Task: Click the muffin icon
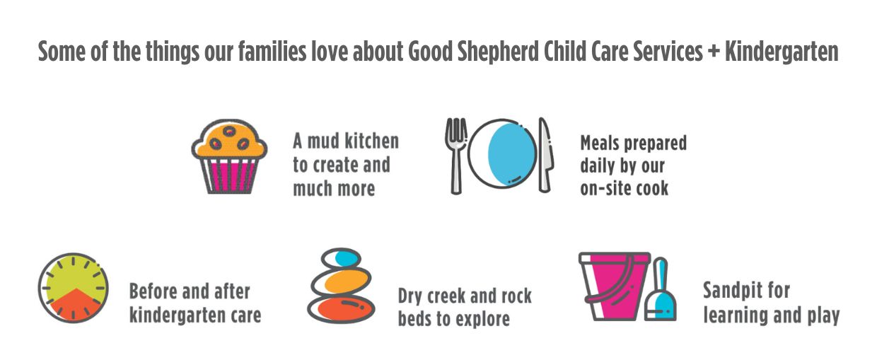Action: coord(229,156)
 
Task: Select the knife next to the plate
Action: coord(545,155)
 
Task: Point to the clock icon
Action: coord(74,288)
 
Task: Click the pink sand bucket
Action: coord(613,286)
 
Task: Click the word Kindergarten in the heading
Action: coord(782,52)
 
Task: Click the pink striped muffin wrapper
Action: coord(229,175)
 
